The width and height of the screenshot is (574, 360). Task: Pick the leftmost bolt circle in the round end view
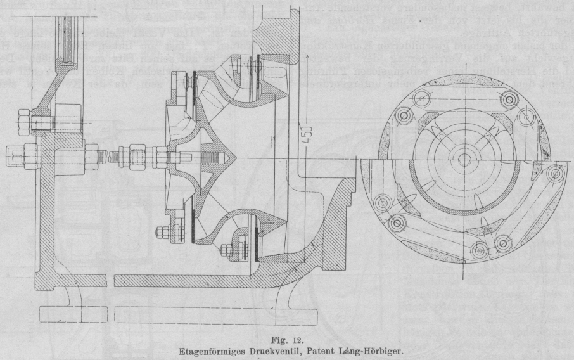(x=381, y=203)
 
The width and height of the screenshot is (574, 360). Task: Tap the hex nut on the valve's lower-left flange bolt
(x=163, y=229)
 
